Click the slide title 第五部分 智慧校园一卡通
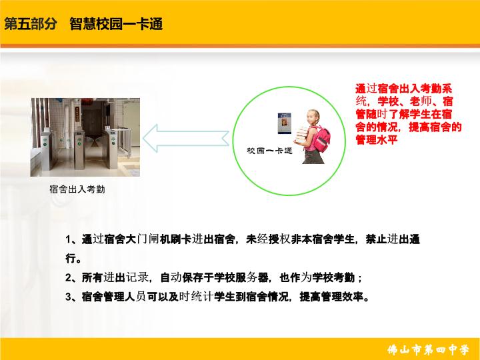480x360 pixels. [83, 23]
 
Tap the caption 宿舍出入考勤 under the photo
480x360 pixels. [77, 189]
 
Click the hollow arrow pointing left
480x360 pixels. [186, 138]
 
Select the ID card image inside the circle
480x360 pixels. [284, 123]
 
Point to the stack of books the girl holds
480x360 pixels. [302, 135]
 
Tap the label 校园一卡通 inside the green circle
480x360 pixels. [269, 151]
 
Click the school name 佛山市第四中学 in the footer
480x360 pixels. [428, 349]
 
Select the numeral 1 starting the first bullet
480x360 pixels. [68, 239]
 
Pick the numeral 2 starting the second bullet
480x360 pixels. [68, 277]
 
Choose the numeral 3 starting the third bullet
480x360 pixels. [68, 297]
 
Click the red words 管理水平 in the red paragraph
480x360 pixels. [377, 139]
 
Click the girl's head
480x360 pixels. [314, 117]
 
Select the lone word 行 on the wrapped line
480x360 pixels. [71, 259]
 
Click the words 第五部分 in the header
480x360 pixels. [31, 23]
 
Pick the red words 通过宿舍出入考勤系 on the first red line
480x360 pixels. [404, 89]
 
